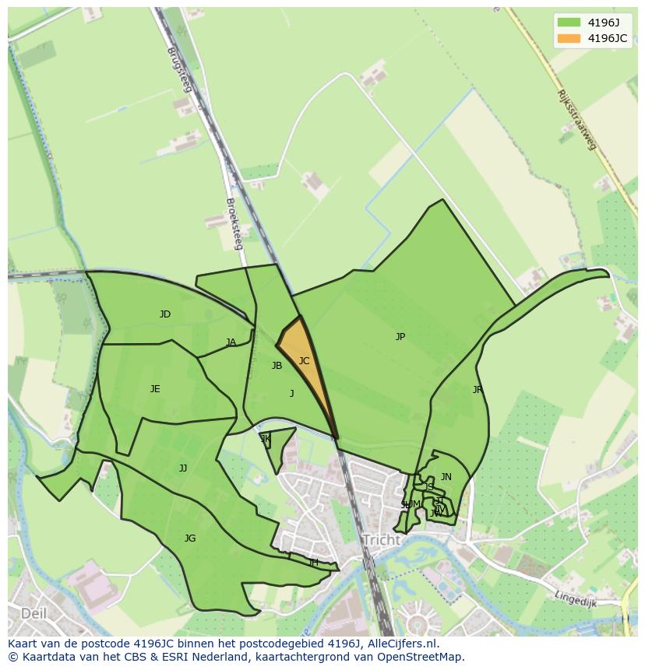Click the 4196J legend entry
click(592, 23)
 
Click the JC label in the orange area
click(304, 361)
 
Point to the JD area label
click(165, 314)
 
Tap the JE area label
click(155, 389)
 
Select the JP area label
click(400, 337)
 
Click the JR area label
click(478, 390)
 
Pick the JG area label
click(190, 538)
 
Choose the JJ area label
click(183, 468)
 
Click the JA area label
click(231, 342)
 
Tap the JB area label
click(277, 366)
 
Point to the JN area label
click(446, 477)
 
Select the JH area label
click(313, 563)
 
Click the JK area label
click(266, 439)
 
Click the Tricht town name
click(381, 540)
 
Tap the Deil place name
click(33, 613)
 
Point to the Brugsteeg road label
click(178, 70)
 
